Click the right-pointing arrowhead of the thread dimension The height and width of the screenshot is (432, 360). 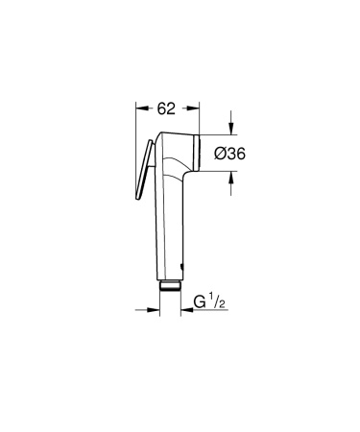coord(155,309)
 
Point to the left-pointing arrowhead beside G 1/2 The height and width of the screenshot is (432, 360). coord(186,309)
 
